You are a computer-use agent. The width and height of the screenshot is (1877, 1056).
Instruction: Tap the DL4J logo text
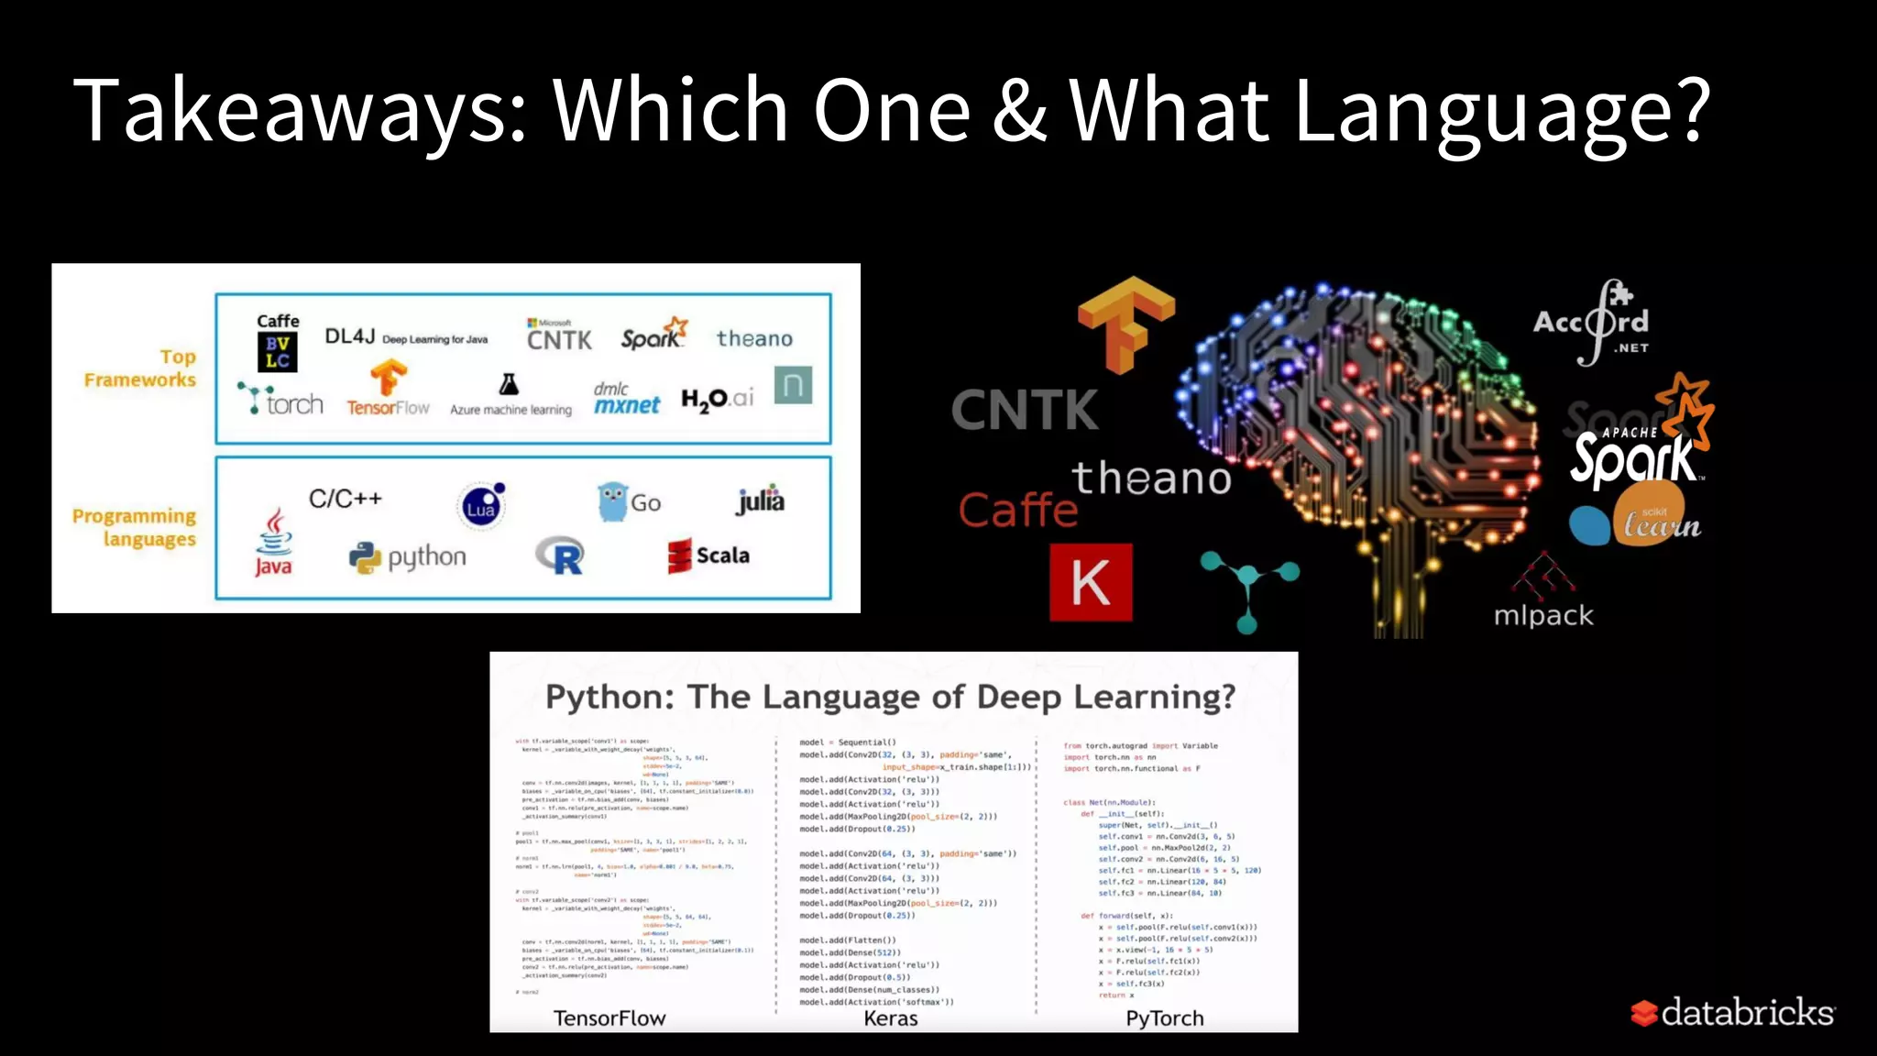coord(350,336)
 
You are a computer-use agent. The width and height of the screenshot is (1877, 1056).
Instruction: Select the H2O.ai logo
coord(717,399)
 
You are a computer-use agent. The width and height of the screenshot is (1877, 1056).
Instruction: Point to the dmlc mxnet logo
coord(626,399)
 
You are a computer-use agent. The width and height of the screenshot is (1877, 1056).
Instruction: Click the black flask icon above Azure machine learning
coord(509,384)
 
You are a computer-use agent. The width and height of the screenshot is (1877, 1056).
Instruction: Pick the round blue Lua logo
coord(481,505)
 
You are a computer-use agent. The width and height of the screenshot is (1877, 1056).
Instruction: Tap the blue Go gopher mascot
coord(611,501)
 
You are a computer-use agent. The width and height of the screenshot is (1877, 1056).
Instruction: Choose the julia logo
coord(761,500)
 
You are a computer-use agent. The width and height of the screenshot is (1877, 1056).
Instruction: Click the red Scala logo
coord(708,555)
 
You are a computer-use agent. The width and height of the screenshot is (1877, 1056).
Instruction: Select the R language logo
coord(560,555)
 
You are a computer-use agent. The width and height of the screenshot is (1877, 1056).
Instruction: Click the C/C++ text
coord(345,499)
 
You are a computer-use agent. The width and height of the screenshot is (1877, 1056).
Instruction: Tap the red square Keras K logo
coord(1091,582)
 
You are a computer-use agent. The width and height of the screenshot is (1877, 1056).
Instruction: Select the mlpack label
coord(1543,615)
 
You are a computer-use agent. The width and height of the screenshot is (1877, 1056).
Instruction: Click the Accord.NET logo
coord(1593,324)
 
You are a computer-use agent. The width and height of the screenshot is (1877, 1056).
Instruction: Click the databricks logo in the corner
coord(1732,1012)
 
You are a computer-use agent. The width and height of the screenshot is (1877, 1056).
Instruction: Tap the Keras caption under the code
coord(890,1017)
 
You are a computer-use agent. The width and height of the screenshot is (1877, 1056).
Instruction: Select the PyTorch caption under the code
coord(1164,1017)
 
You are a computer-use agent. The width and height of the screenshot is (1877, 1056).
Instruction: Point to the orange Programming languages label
coord(135,527)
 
